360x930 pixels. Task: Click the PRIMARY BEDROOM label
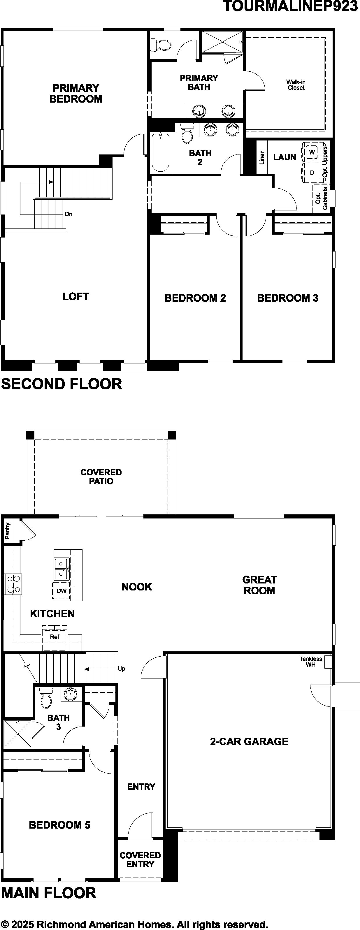[75, 94]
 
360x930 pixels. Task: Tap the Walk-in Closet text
[296, 85]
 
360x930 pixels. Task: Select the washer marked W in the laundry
[312, 151]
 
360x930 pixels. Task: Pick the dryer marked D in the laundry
[312, 173]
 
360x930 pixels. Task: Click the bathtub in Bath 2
[160, 152]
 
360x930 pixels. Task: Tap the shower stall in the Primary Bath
[222, 42]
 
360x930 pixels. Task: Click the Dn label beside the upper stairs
[69, 214]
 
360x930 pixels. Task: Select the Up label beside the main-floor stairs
[121, 669]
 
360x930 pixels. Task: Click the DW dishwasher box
[62, 591]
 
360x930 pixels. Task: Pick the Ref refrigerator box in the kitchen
[55, 637]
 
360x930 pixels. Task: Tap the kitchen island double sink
[61, 568]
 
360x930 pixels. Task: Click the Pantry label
[8, 530]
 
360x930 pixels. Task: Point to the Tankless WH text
[310, 661]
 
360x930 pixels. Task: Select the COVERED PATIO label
[101, 477]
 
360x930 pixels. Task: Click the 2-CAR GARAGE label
[249, 741]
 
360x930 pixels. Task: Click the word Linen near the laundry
[262, 157]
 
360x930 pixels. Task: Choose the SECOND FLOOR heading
[62, 384]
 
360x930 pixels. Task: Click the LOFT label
[75, 296]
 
